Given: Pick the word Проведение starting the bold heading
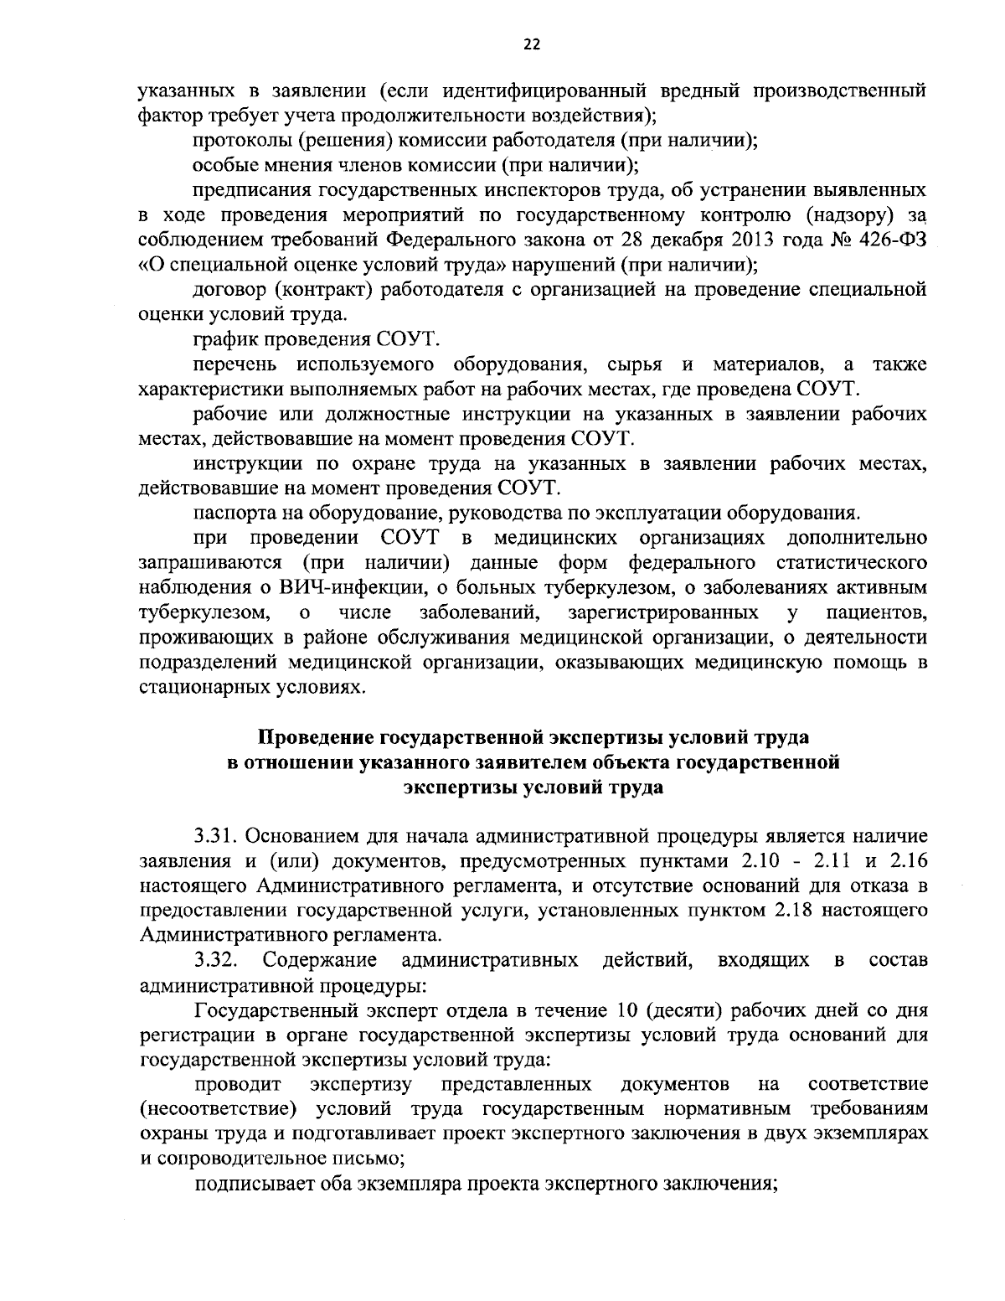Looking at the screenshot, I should [315, 737].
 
